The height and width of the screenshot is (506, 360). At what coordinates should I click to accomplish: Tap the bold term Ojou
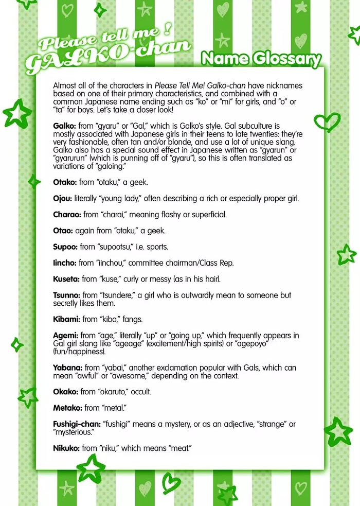[63, 198]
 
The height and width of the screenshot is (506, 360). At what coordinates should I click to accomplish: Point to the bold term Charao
[65, 214]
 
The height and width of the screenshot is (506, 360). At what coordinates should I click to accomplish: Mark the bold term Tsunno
[66, 295]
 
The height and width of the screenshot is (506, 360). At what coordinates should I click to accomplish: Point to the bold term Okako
[65, 392]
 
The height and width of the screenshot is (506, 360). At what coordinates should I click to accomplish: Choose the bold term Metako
[67, 408]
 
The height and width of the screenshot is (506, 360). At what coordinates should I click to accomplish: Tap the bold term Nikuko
[66, 448]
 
